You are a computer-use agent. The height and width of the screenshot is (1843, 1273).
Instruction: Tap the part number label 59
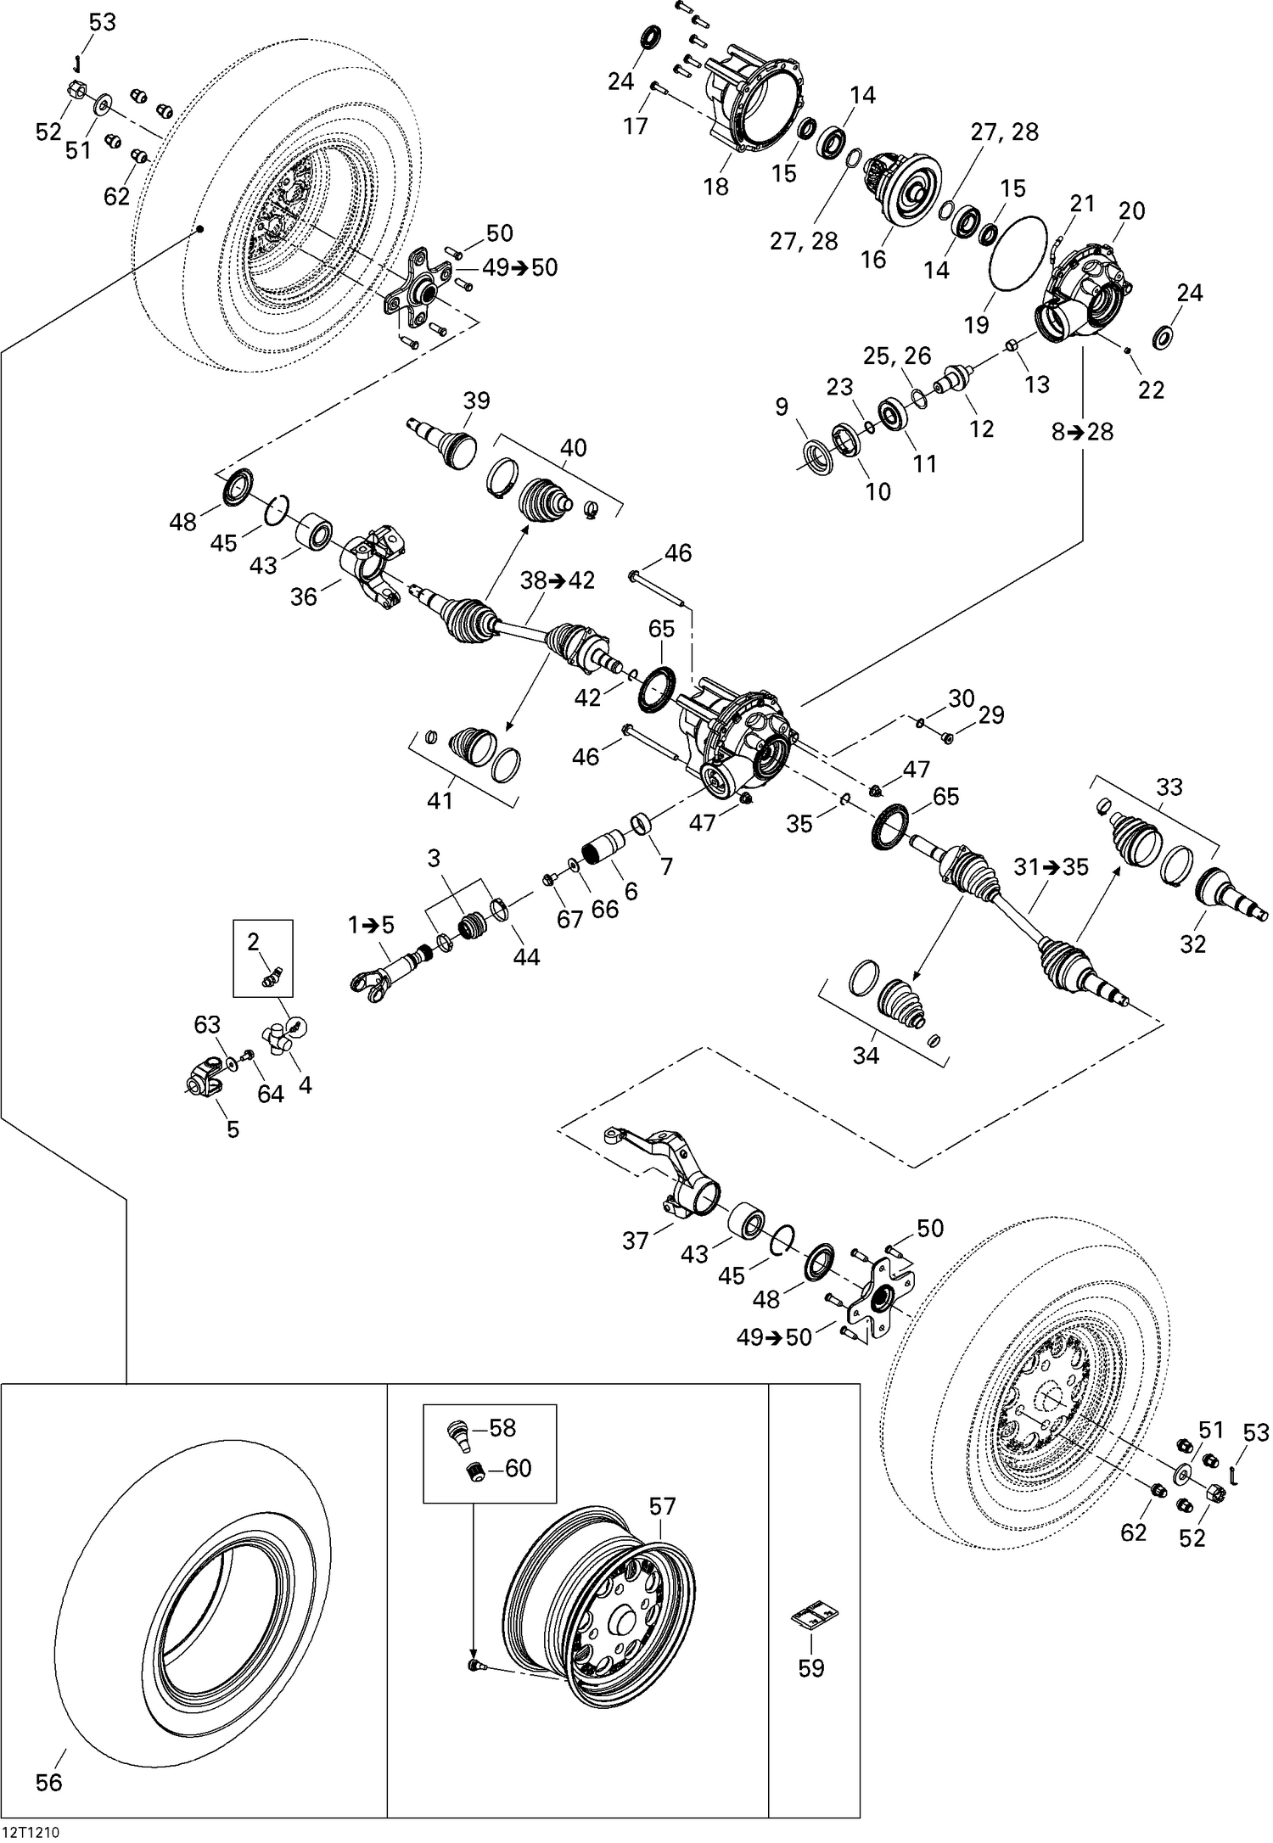click(x=811, y=1668)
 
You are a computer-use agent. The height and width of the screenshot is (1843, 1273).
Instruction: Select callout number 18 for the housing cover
click(x=716, y=187)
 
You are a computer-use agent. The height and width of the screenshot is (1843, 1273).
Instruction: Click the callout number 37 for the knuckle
click(x=635, y=1241)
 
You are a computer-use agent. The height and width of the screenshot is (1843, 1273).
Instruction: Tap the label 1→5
click(x=371, y=925)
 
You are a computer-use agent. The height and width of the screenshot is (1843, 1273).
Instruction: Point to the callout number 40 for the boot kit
click(x=574, y=447)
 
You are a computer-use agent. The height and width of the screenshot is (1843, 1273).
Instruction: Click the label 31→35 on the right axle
click(x=1051, y=868)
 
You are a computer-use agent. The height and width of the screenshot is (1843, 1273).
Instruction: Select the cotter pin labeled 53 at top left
click(x=76, y=62)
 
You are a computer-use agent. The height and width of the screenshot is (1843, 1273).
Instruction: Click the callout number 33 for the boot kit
click(x=1169, y=787)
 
